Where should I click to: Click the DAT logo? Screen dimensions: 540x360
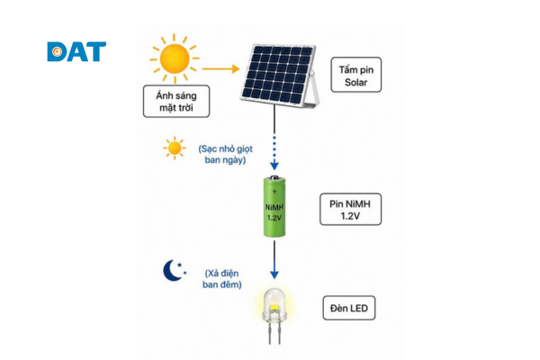[76, 51]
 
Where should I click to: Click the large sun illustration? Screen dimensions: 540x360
[175, 58]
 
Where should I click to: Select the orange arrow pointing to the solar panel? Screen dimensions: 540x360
[220, 69]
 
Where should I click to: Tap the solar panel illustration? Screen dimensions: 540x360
[280, 75]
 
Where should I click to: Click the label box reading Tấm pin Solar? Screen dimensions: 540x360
[356, 75]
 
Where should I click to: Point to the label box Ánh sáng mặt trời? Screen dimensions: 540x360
[176, 102]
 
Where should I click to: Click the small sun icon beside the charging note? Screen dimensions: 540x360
[175, 148]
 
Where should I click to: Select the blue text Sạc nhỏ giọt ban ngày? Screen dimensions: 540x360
[225, 154]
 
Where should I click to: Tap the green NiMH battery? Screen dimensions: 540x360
[274, 206]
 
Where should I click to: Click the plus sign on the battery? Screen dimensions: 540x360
[274, 191]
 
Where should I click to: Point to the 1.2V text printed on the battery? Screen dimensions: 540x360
[274, 218]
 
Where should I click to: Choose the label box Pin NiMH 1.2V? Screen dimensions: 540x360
[351, 210]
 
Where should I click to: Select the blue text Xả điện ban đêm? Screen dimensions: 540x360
[222, 279]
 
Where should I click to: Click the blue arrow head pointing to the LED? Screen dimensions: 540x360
[274, 274]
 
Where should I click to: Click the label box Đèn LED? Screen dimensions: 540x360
[349, 308]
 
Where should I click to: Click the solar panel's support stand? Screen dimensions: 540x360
[314, 90]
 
